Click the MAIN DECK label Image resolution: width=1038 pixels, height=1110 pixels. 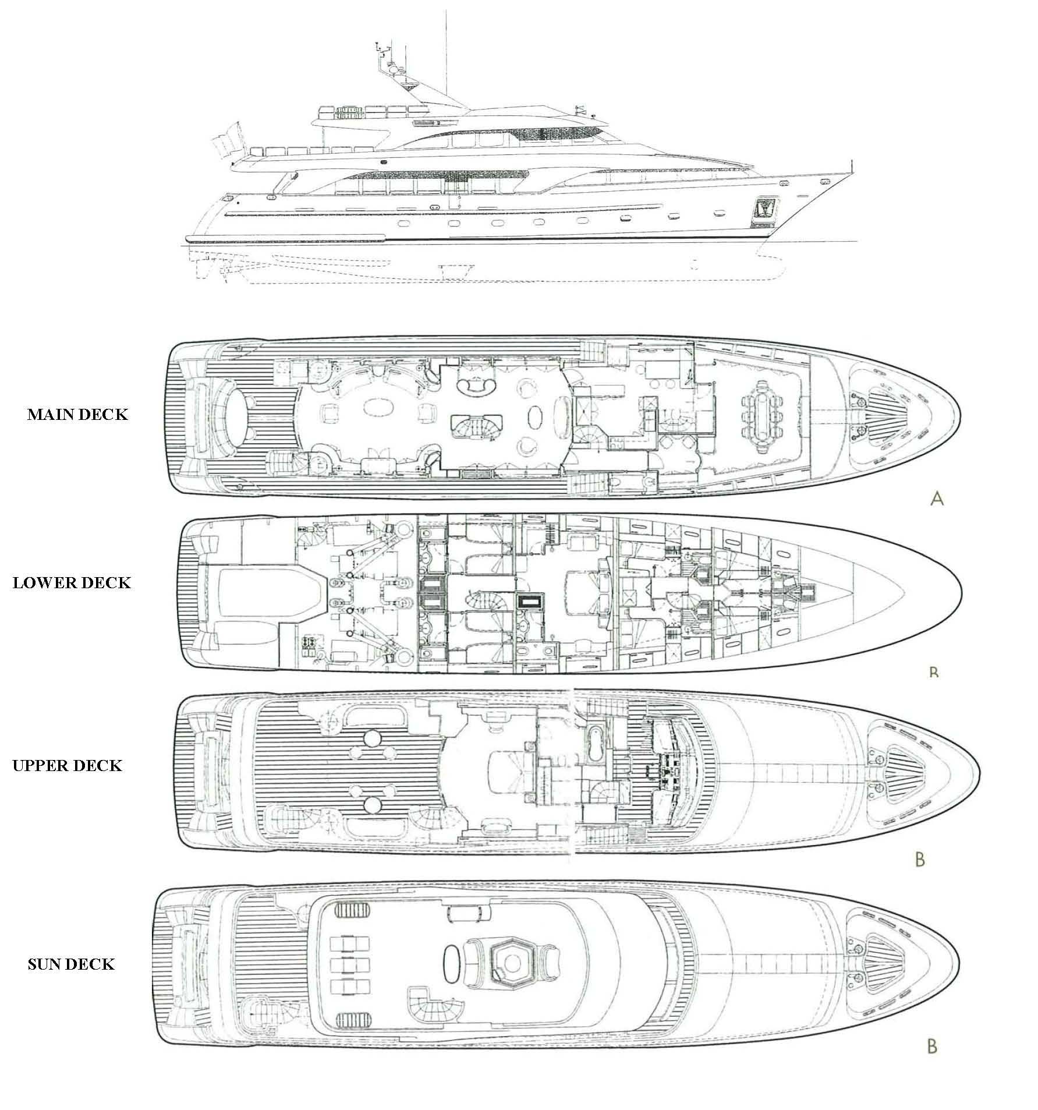77,415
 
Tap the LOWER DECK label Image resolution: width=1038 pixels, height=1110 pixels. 72,583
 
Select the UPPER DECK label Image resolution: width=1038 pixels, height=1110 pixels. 68,765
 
